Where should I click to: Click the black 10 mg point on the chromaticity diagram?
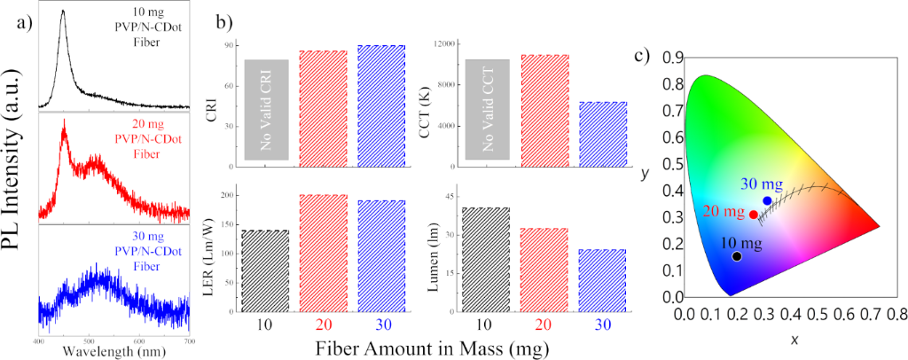pyautogui.click(x=736, y=256)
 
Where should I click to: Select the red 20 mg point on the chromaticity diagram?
pyautogui.click(x=754, y=215)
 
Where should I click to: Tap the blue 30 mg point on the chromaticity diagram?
pyautogui.click(x=767, y=201)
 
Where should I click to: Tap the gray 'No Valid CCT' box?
pyautogui.click(x=487, y=109)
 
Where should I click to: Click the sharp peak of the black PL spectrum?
pyautogui.click(x=62, y=12)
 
